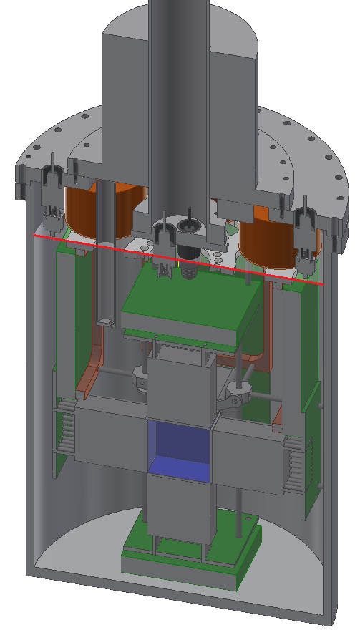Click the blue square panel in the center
[x=179, y=448]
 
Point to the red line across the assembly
[x=179, y=258]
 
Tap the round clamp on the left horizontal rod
[x=140, y=374]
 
